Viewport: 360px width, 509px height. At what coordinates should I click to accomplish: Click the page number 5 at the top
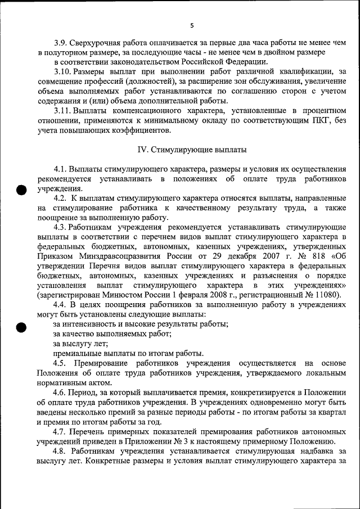(191, 26)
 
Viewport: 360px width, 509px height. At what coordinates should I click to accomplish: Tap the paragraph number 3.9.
(61, 42)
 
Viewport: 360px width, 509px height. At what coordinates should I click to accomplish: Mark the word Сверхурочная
(100, 42)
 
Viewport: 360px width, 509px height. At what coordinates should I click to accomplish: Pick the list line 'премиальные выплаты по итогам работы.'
(128, 353)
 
